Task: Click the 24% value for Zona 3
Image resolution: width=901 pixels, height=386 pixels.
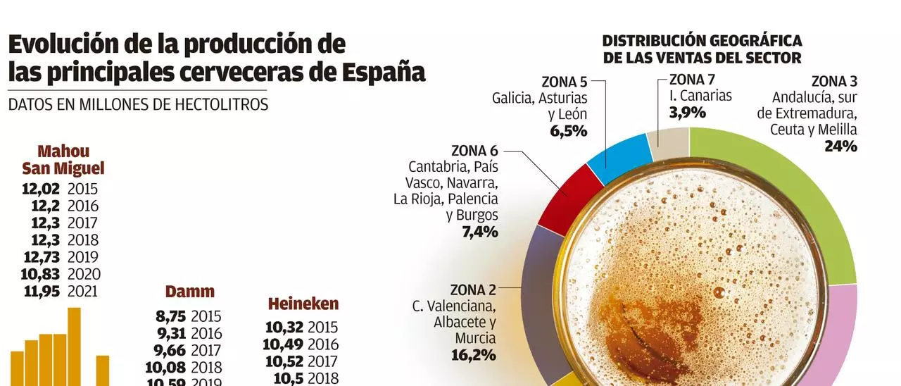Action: point(840,147)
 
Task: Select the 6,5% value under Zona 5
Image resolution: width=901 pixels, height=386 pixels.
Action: point(570,130)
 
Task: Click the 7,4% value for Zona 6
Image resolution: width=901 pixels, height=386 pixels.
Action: point(480,232)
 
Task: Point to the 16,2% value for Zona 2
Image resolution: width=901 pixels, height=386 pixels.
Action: point(473,354)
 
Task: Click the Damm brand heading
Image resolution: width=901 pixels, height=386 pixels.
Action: point(189,292)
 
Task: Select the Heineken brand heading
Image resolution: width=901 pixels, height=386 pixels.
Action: point(303,304)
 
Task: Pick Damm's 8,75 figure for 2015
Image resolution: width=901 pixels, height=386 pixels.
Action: point(170,317)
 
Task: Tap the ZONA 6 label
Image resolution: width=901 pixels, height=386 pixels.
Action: point(474,151)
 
